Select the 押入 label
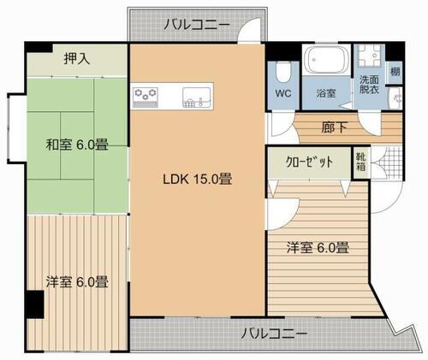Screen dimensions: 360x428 pos(78,59)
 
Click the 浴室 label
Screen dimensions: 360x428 pos(326,91)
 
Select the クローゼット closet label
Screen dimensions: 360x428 pos(309,162)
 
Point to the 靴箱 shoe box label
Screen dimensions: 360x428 pos(362,162)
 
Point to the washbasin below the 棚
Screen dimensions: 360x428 pos(395,98)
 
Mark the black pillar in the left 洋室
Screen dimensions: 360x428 pos(33,303)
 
